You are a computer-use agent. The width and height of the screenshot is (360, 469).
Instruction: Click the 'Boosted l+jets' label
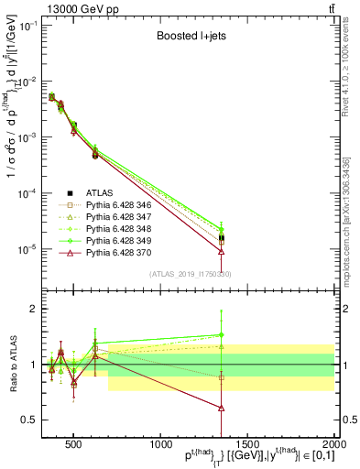188,38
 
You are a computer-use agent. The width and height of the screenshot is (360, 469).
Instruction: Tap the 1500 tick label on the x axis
247,444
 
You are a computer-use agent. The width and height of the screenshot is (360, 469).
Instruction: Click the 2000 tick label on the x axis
334,444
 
